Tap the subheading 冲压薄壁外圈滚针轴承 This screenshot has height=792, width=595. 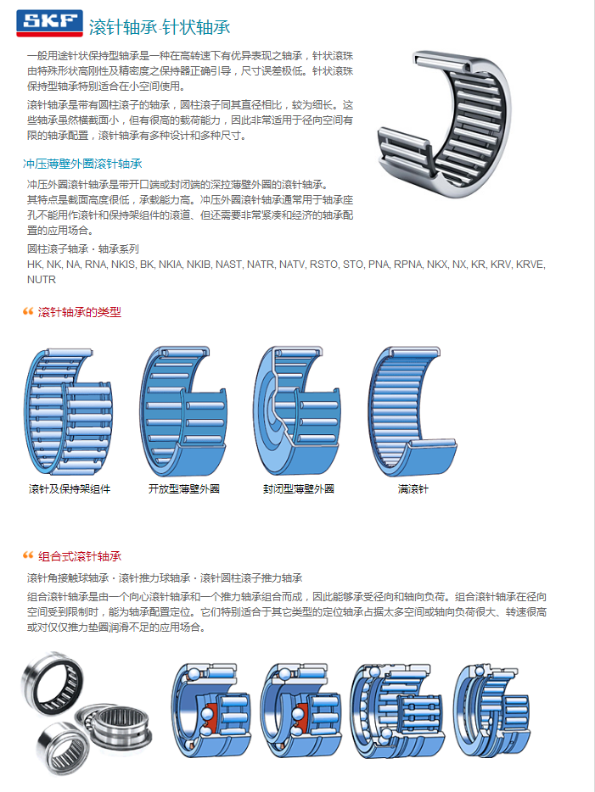(82, 164)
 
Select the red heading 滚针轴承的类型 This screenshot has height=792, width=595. (80, 312)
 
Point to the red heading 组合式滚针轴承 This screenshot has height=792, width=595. (80, 556)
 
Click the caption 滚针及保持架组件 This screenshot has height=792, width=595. (70, 488)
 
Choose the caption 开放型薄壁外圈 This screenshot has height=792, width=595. (184, 488)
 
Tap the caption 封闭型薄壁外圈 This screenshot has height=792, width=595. (299, 488)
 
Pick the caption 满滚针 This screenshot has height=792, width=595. (413, 488)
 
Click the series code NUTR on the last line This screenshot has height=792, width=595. (42, 279)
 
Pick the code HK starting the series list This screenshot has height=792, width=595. (36, 265)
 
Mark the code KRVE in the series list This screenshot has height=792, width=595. (530, 265)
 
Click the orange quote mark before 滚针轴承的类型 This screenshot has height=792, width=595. (28, 312)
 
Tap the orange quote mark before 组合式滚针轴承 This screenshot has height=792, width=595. (28, 556)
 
